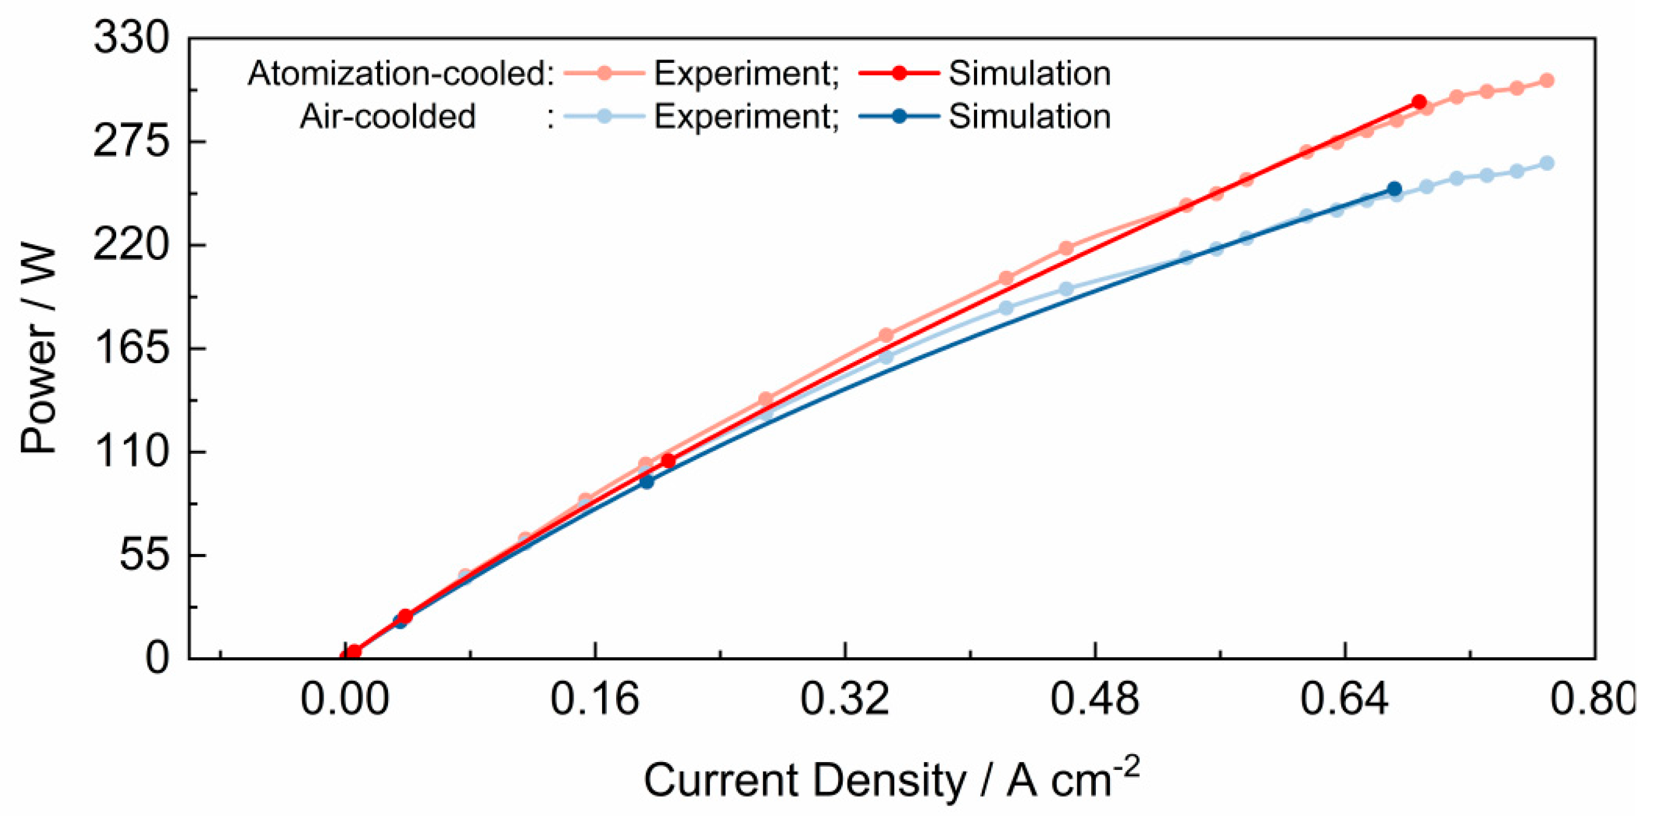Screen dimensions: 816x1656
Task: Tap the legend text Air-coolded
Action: coord(387,116)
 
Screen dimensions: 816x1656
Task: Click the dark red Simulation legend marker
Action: coord(899,73)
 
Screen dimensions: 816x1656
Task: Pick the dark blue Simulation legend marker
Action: coord(899,116)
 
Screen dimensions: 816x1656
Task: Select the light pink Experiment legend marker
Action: coord(604,73)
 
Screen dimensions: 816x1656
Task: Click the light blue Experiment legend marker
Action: coord(604,116)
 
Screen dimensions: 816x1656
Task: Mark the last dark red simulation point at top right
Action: coord(1419,102)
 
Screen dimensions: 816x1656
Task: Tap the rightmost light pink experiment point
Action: coord(1547,80)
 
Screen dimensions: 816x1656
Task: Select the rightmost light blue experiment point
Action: coord(1547,163)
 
